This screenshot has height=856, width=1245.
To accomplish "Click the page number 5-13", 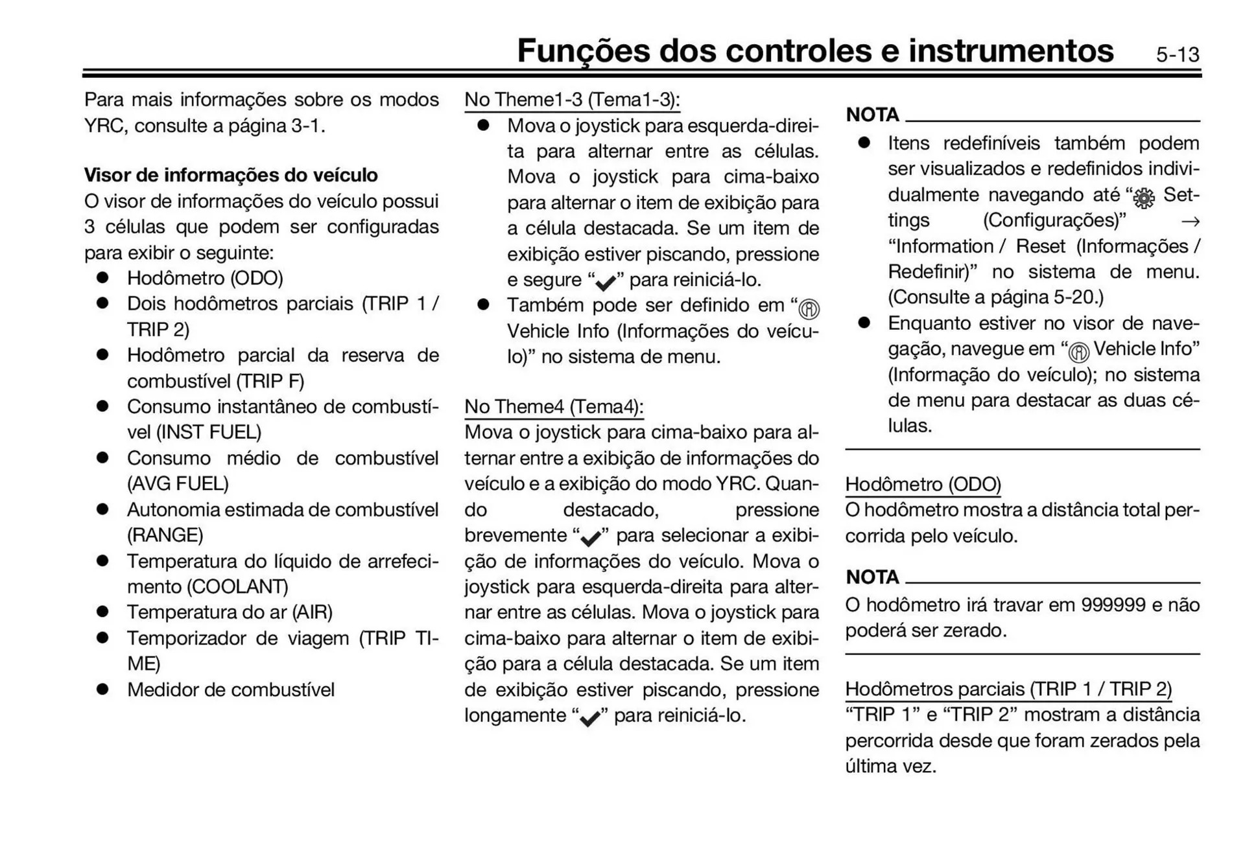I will tap(1177, 54).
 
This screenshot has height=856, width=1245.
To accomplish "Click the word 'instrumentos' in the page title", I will tap(1010, 51).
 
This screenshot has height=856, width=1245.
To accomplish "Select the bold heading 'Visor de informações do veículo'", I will tap(231, 175).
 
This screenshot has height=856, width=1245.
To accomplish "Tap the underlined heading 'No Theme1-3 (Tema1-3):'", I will tap(572, 100).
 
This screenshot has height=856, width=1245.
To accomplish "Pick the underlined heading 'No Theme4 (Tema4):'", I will tap(554, 407).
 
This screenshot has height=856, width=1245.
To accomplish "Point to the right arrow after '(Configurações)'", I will tap(1190, 222).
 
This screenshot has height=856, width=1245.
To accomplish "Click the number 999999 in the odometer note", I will tap(1113, 605).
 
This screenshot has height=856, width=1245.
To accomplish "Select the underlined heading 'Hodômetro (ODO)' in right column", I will tap(923, 485).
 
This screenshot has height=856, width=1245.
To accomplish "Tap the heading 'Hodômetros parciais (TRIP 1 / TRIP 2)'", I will tap(1008, 689).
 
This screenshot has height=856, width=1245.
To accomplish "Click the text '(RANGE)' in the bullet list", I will tap(165, 535).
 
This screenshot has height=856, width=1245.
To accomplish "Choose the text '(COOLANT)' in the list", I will tap(237, 587).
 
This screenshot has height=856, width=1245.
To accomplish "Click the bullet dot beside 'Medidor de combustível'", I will tap(102, 689).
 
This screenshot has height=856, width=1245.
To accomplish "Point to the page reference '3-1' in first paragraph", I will tap(305, 126).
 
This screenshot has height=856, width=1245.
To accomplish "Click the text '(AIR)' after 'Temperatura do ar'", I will tap(312, 612).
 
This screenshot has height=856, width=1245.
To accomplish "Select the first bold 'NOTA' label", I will tap(872, 115).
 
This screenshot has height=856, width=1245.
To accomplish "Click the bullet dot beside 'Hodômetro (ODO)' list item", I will tap(102, 278).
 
